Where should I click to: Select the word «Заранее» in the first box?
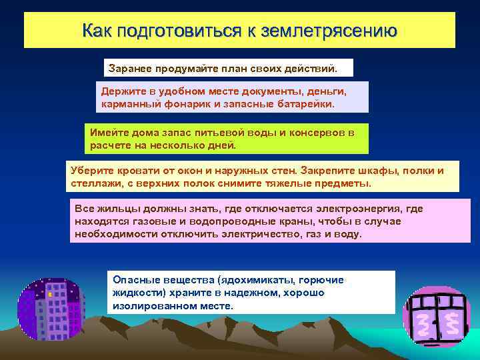[x=128, y=68]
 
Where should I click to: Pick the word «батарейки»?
[x=303, y=104]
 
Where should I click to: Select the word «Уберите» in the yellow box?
[x=91, y=170]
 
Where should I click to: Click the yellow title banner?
[x=239, y=30]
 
